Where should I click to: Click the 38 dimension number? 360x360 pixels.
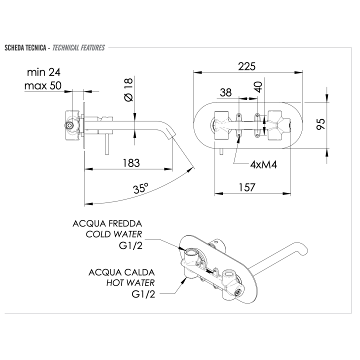(x=226, y=92)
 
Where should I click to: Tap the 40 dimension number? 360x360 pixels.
(x=258, y=87)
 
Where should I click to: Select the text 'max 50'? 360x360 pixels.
(x=42, y=85)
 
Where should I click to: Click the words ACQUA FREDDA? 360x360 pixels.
(x=107, y=223)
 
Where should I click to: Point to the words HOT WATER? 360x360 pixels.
(x=130, y=283)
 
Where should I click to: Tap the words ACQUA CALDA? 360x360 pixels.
(x=121, y=272)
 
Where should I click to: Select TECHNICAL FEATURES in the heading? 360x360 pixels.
(x=78, y=48)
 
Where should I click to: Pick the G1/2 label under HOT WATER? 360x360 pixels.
(x=142, y=294)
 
